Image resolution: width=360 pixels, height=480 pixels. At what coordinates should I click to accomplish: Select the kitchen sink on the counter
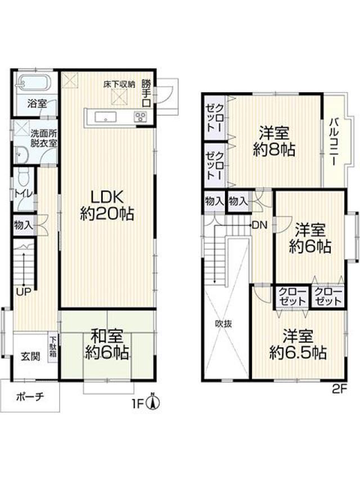[106, 116]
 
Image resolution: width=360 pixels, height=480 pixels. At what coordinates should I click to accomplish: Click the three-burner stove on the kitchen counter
[141, 116]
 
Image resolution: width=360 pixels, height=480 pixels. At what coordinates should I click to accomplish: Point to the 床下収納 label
[119, 84]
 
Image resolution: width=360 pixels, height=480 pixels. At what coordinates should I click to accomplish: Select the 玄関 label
[30, 356]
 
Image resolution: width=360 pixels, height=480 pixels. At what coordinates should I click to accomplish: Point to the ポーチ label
[30, 397]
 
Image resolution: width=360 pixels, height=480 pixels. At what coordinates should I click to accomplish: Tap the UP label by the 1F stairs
[24, 292]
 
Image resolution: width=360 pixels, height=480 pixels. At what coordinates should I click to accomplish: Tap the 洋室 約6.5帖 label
[298, 344]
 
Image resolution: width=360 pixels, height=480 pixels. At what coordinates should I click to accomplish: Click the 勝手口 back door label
[147, 93]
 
